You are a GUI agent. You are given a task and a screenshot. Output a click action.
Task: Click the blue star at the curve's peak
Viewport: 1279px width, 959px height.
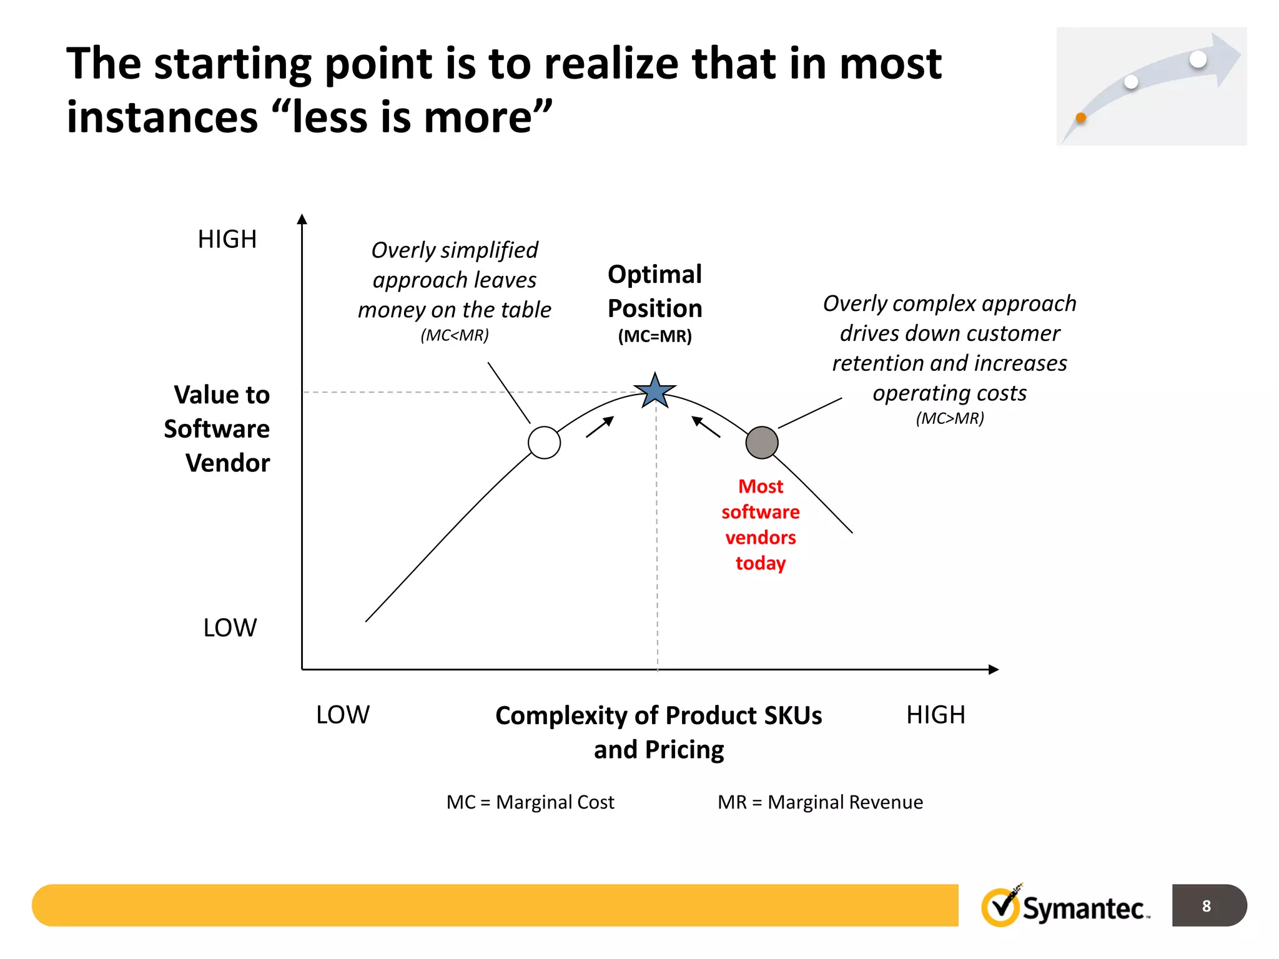[x=655, y=391]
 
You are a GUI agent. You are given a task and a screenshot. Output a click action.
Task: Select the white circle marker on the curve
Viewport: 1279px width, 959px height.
[x=544, y=443]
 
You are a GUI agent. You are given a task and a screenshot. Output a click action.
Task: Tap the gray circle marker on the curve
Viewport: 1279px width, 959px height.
[x=762, y=443]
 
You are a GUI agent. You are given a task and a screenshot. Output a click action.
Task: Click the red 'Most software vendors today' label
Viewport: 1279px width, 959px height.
[x=760, y=524]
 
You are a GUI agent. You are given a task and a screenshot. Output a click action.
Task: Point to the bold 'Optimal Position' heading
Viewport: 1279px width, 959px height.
[x=654, y=291]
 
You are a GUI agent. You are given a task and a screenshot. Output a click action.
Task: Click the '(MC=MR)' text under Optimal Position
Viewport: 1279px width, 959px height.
[x=654, y=337]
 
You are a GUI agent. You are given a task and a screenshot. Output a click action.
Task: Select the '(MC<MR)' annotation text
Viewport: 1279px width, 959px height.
[x=454, y=335]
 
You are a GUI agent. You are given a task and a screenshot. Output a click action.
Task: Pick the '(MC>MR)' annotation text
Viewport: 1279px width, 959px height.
[x=949, y=418]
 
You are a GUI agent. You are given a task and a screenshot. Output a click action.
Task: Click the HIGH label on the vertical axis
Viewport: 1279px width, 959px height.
[x=227, y=239]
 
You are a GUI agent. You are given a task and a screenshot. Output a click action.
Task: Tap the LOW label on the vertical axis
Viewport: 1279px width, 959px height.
[x=230, y=627]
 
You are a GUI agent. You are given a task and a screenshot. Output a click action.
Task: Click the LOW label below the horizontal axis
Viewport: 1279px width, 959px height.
[x=342, y=714]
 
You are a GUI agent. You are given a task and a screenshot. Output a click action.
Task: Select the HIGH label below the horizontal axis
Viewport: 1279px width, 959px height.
[x=935, y=714]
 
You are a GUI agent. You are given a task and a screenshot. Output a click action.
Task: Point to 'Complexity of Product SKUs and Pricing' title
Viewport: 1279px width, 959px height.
[x=658, y=732]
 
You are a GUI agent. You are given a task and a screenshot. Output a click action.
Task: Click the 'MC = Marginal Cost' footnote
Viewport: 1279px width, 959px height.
[x=530, y=802]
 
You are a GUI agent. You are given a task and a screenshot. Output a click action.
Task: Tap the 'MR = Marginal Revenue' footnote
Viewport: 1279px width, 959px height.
[x=819, y=802]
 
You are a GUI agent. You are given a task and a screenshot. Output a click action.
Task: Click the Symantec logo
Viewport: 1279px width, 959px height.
[x=1065, y=907]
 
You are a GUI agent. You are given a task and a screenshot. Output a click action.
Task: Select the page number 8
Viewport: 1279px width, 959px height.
[x=1206, y=905]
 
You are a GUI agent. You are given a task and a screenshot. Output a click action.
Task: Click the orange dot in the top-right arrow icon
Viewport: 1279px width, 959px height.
[x=1081, y=117]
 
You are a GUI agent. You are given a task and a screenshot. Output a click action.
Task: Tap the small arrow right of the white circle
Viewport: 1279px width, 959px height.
[x=600, y=427]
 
